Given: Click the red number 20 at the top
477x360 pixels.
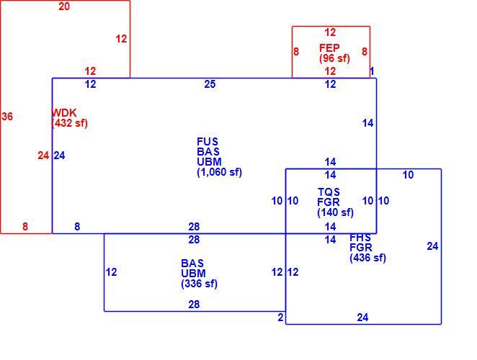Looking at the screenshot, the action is click(64, 6).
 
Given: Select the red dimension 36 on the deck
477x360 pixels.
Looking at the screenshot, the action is click(7, 117).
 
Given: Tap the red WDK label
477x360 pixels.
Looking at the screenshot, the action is click(64, 113).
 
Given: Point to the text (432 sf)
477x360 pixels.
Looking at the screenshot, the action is click(70, 123).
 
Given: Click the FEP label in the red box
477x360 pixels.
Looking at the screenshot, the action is click(329, 48).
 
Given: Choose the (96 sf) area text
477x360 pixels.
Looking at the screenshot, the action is click(334, 58).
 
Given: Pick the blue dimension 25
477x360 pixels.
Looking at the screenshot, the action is click(210, 84).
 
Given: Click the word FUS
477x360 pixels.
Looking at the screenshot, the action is click(208, 142).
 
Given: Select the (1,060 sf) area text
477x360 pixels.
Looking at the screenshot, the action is click(219, 172).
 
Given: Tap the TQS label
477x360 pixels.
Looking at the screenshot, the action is click(329, 192).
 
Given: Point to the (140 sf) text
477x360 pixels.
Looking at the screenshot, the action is click(335, 212).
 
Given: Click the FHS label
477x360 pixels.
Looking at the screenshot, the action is click(360, 238).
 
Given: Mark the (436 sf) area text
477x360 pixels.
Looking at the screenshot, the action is click(367, 258).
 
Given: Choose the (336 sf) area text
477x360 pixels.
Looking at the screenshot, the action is click(200, 284).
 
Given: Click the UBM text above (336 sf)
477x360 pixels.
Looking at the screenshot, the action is click(194, 274).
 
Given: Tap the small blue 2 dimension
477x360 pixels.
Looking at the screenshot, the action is click(280, 318).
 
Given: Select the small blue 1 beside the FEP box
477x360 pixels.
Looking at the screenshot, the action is click(372, 71).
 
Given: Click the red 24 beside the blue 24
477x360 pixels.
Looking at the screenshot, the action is click(43, 156).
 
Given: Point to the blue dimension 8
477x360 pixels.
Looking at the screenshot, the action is click(77, 227).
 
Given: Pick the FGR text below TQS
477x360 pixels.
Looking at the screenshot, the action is click(329, 202).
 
